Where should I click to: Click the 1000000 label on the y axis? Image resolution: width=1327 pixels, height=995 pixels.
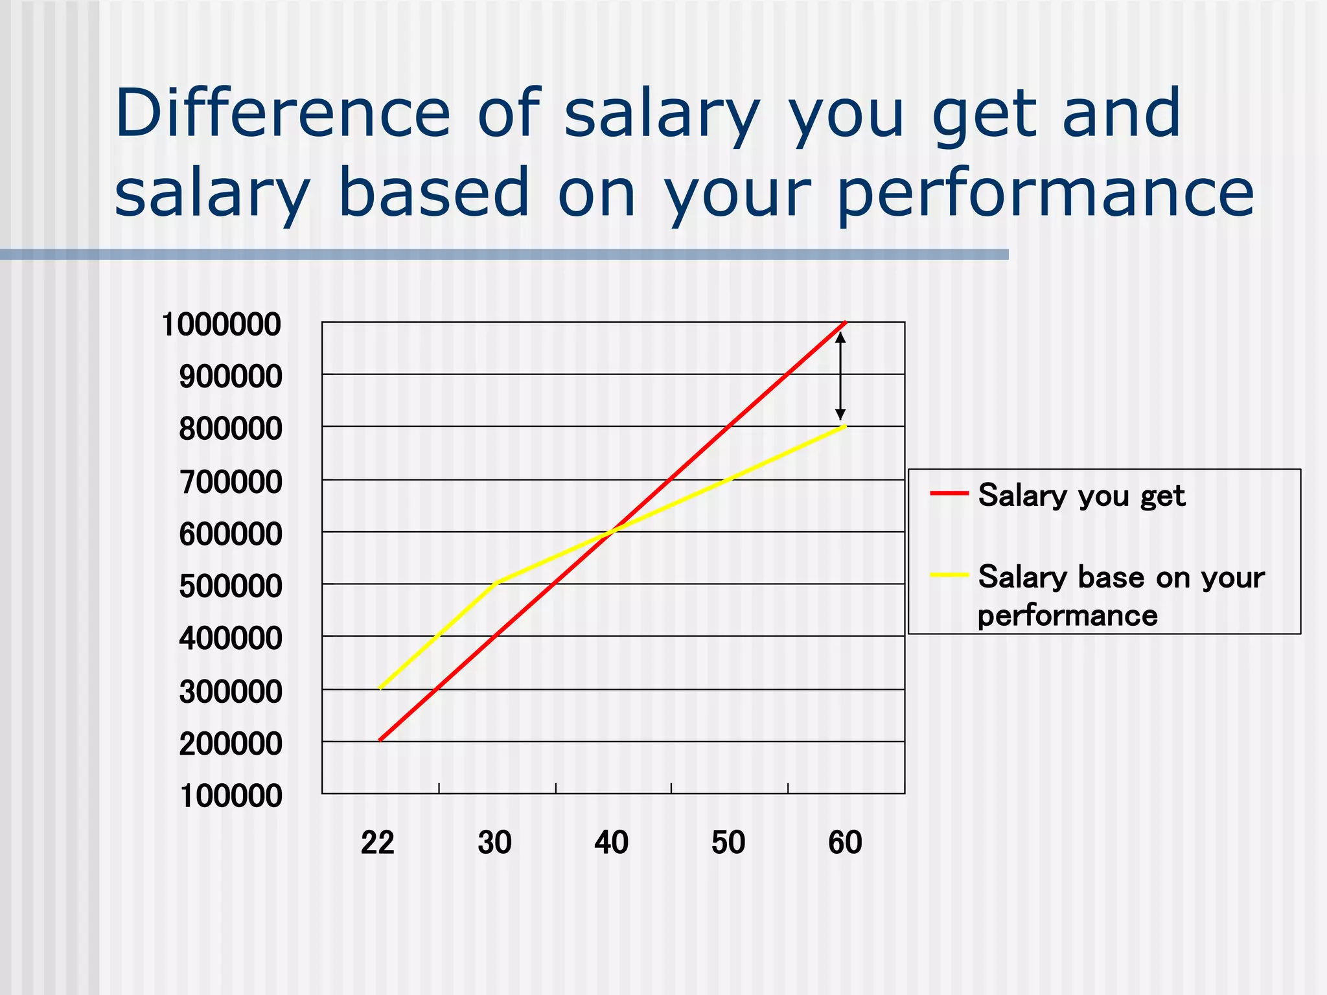(221, 324)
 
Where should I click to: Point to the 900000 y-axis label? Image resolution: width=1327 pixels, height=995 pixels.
(231, 376)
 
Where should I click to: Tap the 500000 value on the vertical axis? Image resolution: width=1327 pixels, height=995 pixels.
(231, 586)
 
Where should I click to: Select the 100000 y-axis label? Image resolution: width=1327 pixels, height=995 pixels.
(231, 795)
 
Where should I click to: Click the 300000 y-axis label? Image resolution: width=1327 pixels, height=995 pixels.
(231, 692)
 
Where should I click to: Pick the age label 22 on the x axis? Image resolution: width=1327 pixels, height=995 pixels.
(378, 843)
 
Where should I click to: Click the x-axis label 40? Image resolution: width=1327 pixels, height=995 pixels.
(612, 843)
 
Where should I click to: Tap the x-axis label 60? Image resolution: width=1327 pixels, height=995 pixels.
(845, 843)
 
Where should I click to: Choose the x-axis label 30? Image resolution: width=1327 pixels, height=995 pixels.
(495, 843)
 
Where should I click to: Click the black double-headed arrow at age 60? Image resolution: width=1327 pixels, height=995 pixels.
(840, 376)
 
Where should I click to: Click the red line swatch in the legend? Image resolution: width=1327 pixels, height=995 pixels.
(949, 494)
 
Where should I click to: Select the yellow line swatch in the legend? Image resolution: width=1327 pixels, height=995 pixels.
(949, 575)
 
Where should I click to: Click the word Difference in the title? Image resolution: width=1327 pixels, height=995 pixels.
(283, 114)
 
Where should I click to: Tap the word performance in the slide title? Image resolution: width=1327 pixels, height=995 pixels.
(1046, 193)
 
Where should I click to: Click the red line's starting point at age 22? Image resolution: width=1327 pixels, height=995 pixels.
(380, 740)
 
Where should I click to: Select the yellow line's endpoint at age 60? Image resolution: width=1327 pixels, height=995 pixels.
(845, 426)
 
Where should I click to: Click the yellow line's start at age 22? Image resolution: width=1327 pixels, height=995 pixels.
(380, 688)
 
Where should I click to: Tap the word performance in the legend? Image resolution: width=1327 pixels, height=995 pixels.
(1067, 615)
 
